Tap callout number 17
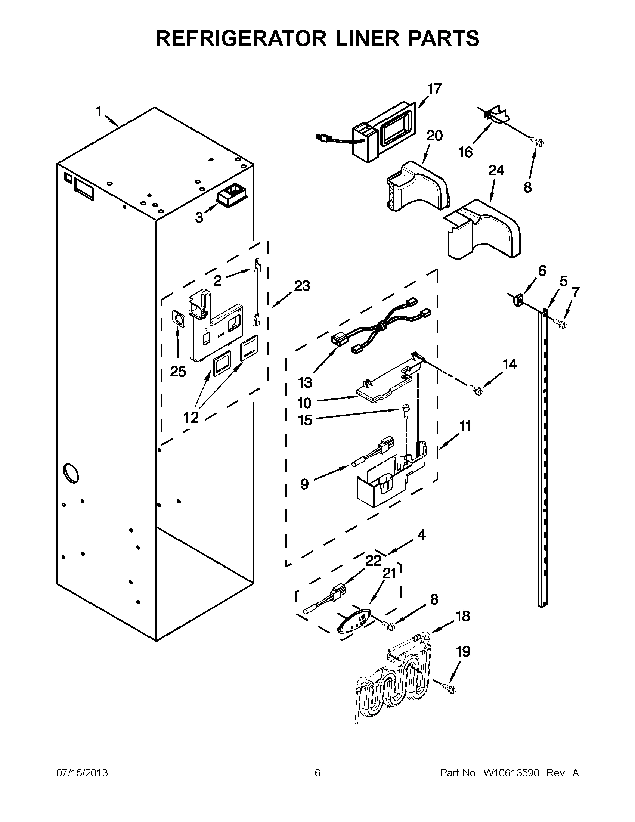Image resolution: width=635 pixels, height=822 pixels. (434, 89)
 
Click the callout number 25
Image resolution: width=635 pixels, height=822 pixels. (178, 372)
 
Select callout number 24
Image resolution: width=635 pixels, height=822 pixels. (496, 171)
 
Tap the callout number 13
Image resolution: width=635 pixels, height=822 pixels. (305, 383)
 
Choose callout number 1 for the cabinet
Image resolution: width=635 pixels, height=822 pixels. (99, 111)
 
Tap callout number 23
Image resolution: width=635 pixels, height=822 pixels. (301, 286)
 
